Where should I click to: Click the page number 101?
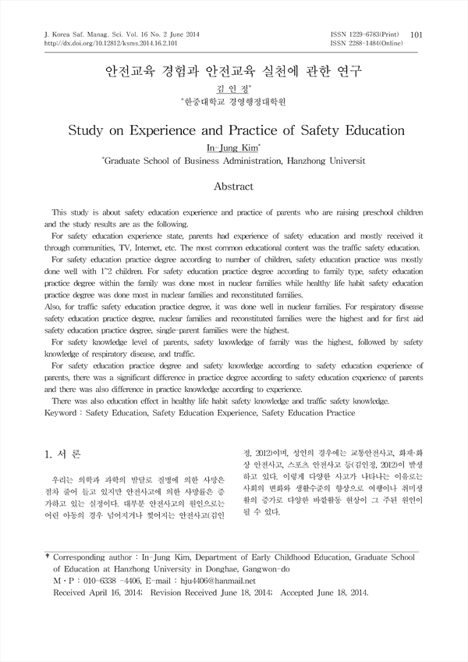[x=416, y=34]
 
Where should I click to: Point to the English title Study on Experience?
[x=233, y=130]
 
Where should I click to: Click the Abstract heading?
[x=233, y=187]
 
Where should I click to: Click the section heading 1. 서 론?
[x=64, y=454]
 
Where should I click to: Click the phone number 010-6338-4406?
[x=115, y=582]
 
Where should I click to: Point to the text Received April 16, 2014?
[x=101, y=593]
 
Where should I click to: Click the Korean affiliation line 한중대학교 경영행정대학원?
[x=233, y=102]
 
